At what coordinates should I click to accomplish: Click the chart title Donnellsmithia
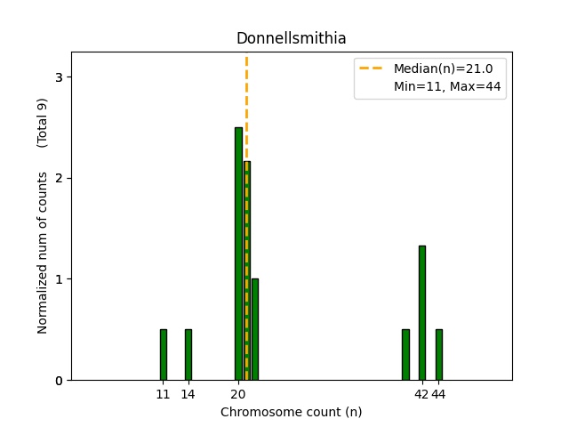pos(291,38)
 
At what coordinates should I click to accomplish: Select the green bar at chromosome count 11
pos(163,355)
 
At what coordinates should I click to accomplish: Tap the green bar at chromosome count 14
pos(188,355)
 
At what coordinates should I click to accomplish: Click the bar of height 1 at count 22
pos(255,329)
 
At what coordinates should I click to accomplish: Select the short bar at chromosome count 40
pos(405,355)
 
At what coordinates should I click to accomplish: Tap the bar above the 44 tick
pos(439,355)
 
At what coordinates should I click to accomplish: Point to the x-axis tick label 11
pos(163,394)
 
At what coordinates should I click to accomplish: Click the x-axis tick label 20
pos(238,394)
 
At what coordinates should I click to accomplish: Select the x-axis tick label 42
pos(422,394)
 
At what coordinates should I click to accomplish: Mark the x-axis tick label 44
pos(439,394)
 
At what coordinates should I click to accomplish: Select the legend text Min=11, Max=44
pos(449,86)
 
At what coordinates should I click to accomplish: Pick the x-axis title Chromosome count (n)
pos(291,412)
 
